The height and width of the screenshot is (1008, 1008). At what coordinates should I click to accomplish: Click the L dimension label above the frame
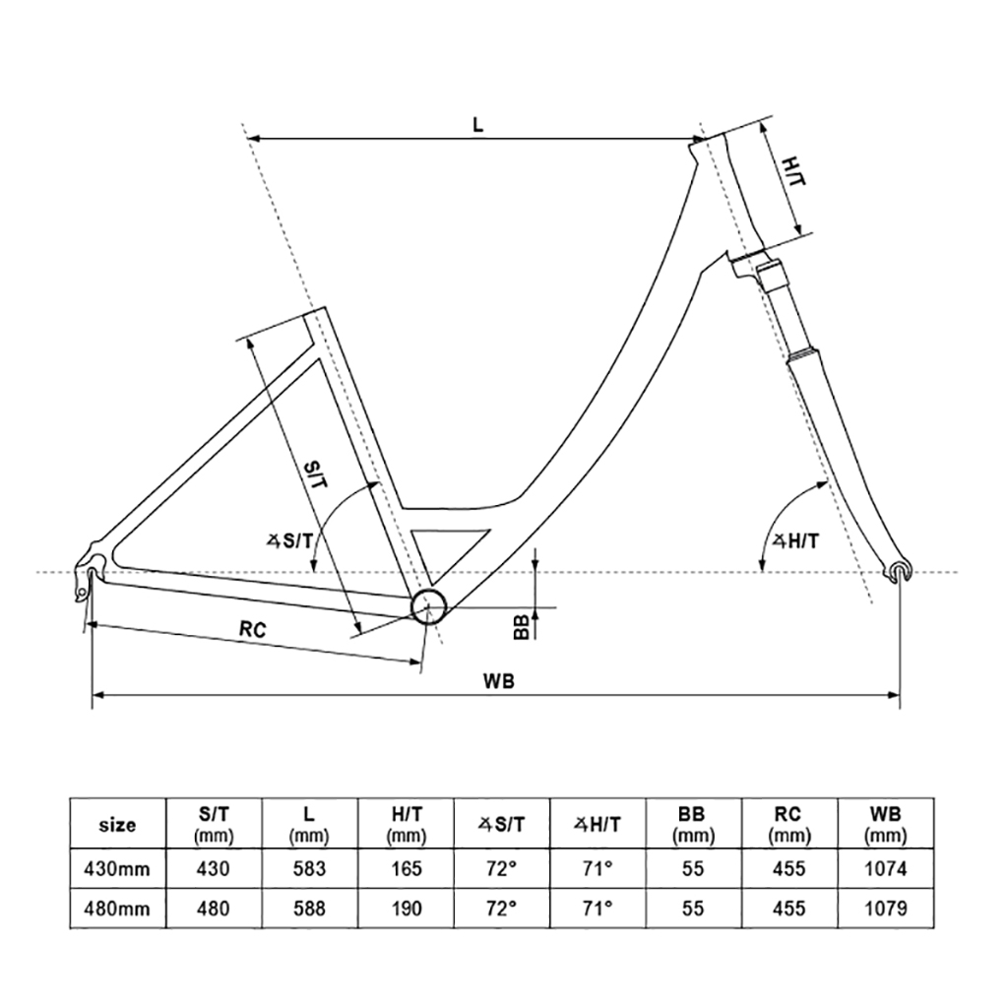(x=477, y=124)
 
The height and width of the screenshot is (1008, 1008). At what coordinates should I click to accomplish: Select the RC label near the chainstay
(x=253, y=630)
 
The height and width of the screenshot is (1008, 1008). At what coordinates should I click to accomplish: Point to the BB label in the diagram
(x=522, y=625)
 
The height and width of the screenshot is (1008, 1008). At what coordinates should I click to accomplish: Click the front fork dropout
(x=899, y=571)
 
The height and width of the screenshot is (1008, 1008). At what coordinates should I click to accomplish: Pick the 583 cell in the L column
(x=308, y=868)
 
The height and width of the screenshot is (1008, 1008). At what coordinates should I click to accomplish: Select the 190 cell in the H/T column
(x=405, y=909)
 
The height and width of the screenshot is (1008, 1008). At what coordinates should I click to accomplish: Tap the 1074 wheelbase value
(x=884, y=868)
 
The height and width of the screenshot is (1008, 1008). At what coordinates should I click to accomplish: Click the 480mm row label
(x=117, y=909)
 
